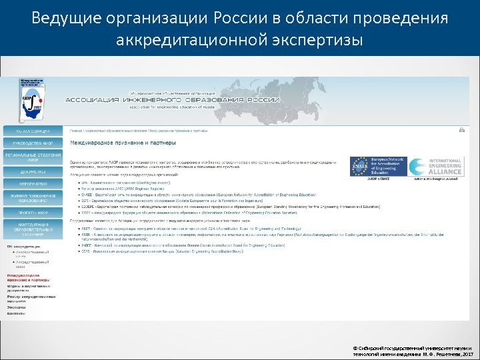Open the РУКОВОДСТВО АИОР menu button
click(34, 143)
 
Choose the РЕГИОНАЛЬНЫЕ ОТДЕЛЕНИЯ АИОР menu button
click(34, 157)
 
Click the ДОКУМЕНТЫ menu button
click(34, 171)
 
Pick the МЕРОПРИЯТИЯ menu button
click(34, 183)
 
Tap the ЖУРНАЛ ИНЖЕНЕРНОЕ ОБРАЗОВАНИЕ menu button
click(34, 197)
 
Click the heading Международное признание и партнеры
click(124, 143)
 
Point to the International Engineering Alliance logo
click(436, 167)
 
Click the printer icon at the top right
click(462, 130)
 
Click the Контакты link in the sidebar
click(16, 313)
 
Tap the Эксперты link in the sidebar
click(16, 306)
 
